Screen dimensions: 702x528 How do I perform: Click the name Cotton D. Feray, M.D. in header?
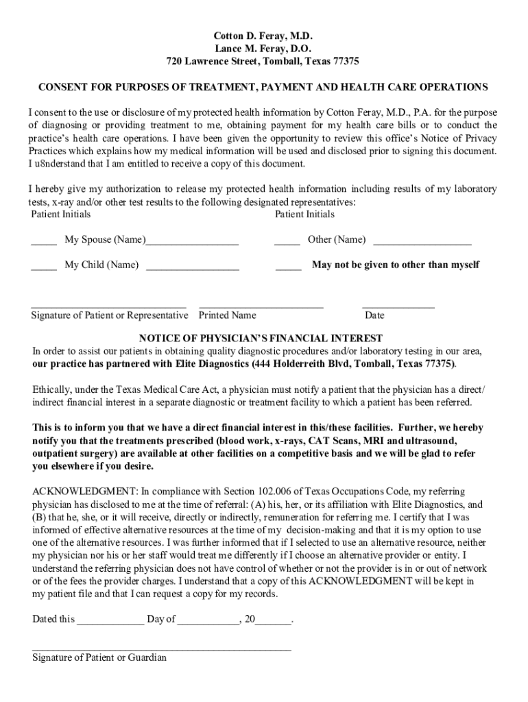pyautogui.click(x=263, y=35)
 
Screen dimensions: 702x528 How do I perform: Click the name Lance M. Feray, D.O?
pyautogui.click(x=263, y=48)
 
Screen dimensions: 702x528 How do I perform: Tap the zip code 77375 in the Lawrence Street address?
pyautogui.click(x=345, y=62)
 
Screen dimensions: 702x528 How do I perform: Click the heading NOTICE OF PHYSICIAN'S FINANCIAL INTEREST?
pyautogui.click(x=261, y=339)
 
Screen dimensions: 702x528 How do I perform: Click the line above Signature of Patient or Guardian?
pyautogui.click(x=162, y=648)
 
